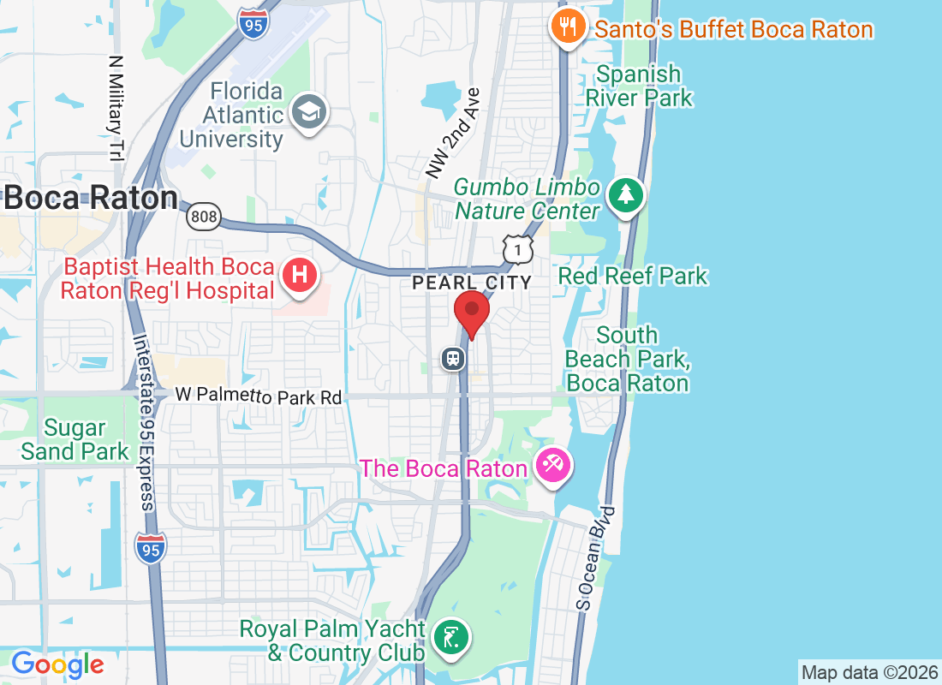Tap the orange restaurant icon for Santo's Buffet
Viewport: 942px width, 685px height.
[567, 27]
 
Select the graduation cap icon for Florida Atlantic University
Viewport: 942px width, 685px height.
[308, 112]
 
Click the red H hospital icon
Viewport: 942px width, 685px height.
[300, 276]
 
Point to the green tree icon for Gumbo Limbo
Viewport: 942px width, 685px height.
[626, 194]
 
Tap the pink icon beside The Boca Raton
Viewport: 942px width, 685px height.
[551, 467]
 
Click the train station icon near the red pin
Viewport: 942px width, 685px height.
[452, 358]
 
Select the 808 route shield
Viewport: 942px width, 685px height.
[204, 217]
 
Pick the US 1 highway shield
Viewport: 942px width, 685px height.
[518, 249]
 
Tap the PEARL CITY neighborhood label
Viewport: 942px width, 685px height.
[472, 282]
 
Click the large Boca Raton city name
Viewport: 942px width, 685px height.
[90, 199]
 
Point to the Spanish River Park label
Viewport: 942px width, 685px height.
[639, 86]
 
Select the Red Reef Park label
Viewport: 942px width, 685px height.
[633, 276]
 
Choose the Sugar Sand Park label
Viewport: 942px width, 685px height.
[75, 439]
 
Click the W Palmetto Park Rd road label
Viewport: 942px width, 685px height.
[259, 396]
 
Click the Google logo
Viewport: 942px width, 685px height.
[57, 664]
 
